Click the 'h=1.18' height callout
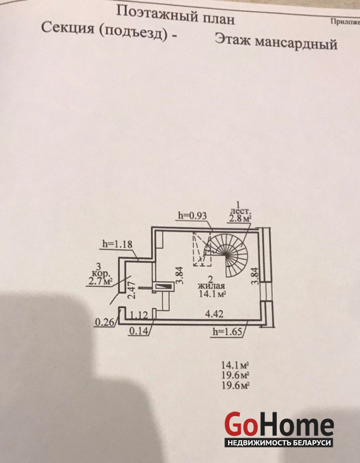(x=117, y=244)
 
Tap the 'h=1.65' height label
(x=228, y=332)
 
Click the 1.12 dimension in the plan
(x=139, y=315)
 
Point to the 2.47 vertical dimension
(x=132, y=289)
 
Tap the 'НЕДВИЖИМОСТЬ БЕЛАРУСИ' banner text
(x=278, y=443)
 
